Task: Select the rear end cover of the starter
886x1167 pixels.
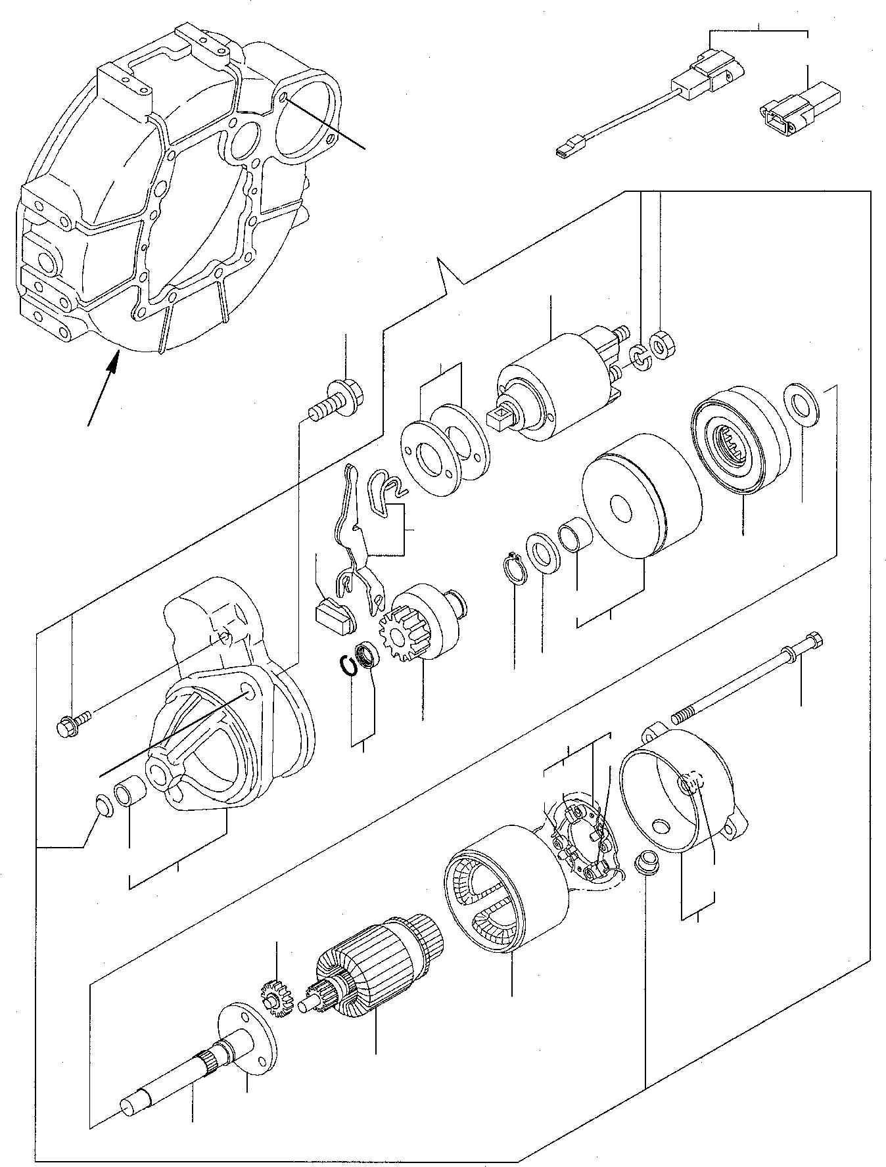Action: pyautogui.click(x=684, y=795)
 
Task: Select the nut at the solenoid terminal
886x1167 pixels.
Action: pyautogui.click(x=660, y=344)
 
